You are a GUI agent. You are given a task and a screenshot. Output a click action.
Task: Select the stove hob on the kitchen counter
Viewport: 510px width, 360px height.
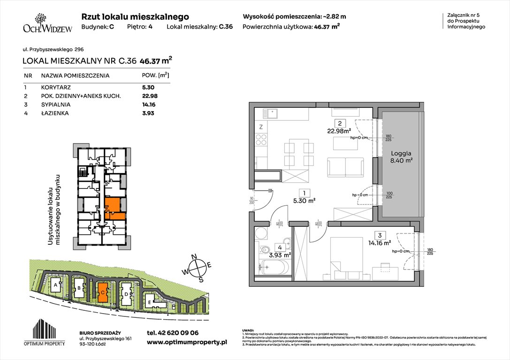pyautogui.click(x=260, y=139)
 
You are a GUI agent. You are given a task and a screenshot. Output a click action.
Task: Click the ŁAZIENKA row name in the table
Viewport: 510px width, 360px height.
pyautogui.click(x=55, y=113)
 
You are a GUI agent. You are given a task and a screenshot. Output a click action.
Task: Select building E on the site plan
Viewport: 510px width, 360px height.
pyautogui.click(x=149, y=302)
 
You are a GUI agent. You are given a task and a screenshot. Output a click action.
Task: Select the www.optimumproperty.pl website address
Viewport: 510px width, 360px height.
pyautogui.click(x=187, y=343)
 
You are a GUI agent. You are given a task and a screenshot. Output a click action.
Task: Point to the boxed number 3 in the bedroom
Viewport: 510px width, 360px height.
pyautogui.click(x=378, y=235)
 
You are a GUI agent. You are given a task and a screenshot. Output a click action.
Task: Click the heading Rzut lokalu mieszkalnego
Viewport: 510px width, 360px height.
pyautogui.click(x=135, y=16)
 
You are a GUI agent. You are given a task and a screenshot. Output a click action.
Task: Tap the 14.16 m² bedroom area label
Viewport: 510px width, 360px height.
pyautogui.click(x=381, y=243)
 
